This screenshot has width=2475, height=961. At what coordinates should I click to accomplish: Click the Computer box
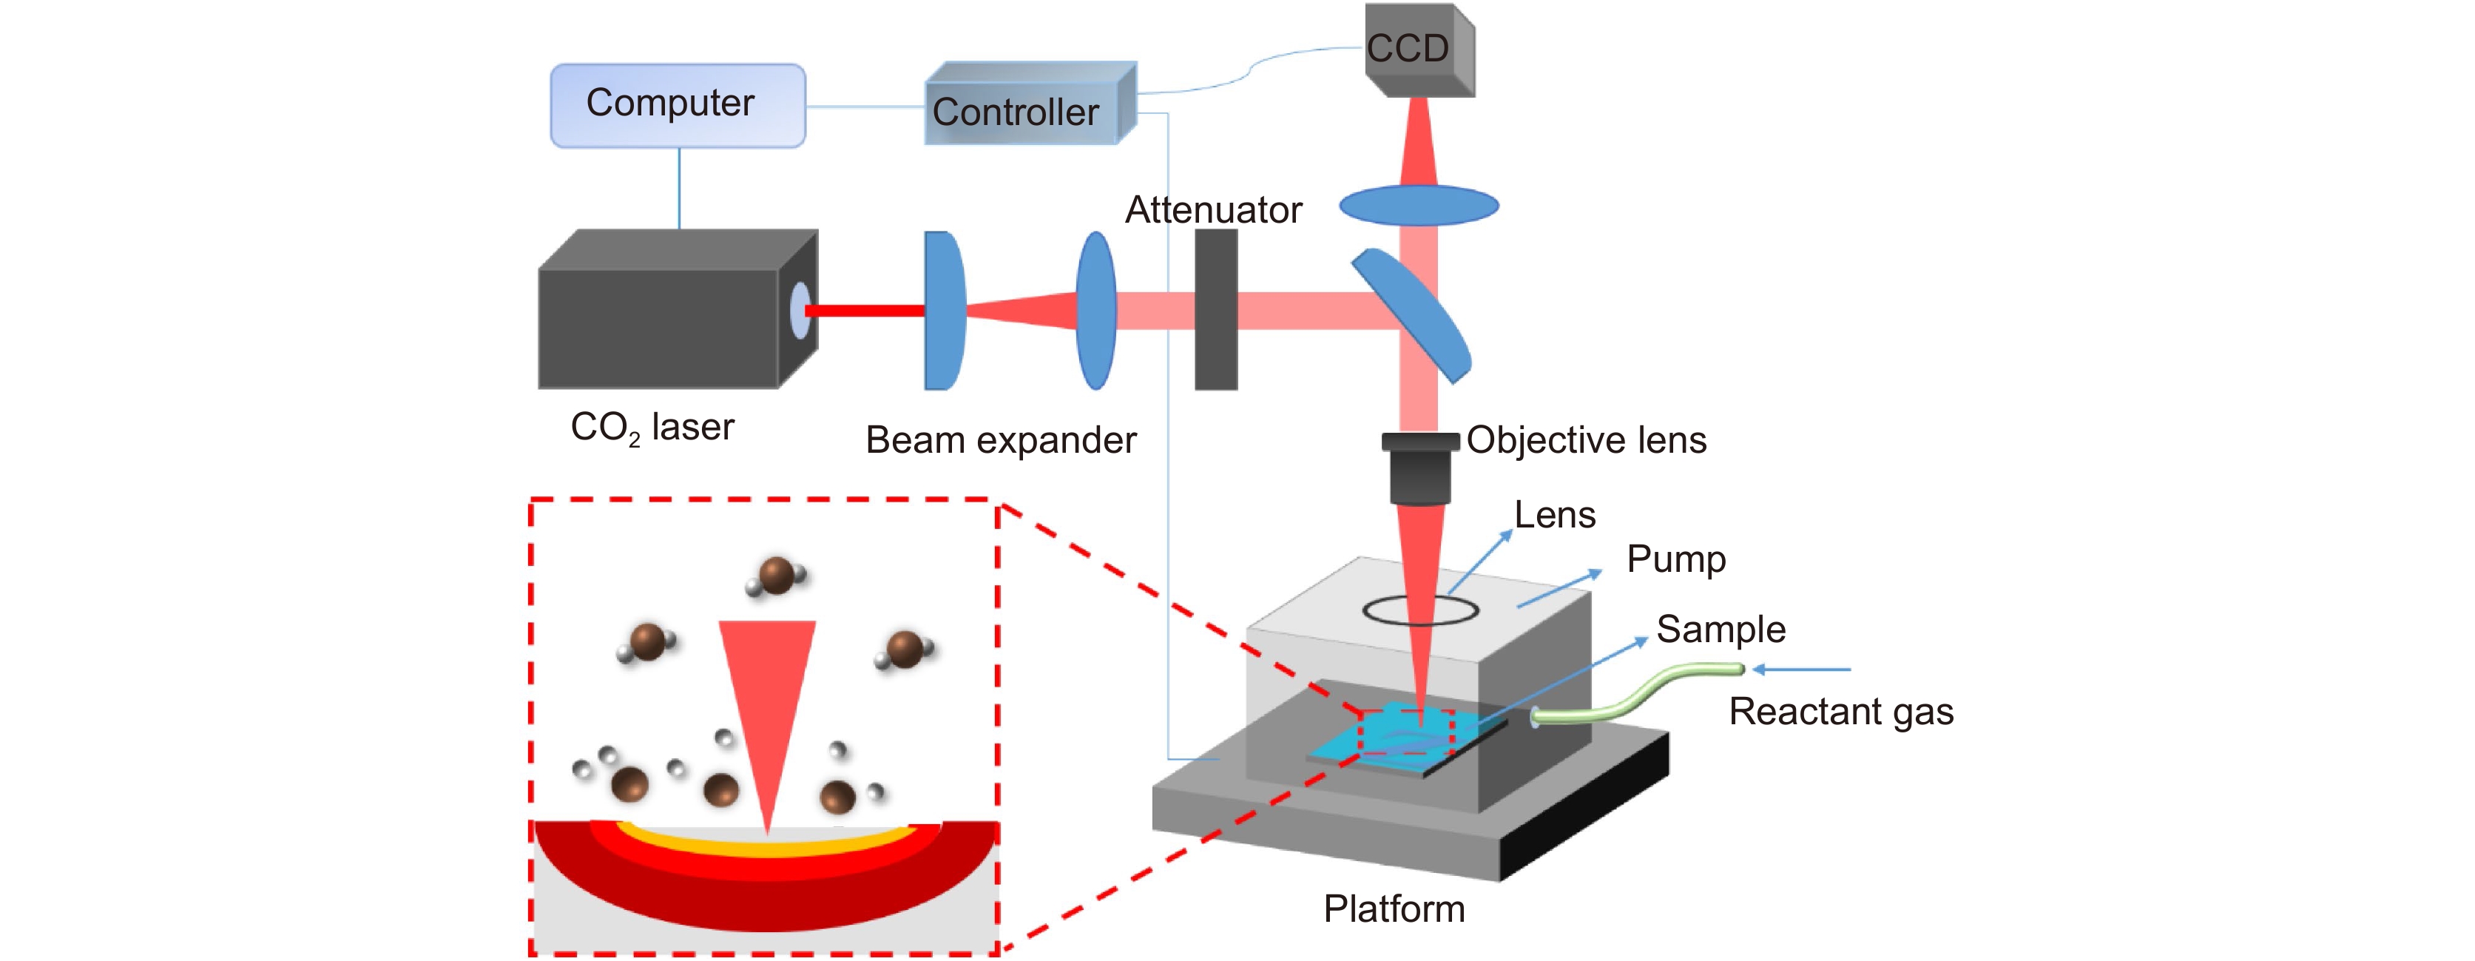click(678, 105)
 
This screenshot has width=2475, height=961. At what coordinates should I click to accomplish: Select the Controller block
click(1028, 107)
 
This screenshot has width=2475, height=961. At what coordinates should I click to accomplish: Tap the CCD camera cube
click(1417, 50)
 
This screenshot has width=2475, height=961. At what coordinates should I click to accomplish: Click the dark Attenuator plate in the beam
click(1215, 309)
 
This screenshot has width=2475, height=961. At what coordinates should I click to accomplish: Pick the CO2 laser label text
click(652, 428)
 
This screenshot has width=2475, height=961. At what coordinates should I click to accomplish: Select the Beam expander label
click(1000, 440)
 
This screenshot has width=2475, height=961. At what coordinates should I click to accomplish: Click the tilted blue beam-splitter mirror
click(1411, 314)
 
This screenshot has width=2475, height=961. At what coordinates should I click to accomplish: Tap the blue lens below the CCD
click(1418, 205)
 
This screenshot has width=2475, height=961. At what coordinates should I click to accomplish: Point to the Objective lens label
click(1587, 440)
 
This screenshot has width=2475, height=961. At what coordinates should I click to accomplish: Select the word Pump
click(1675, 559)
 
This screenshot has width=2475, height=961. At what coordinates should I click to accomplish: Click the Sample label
click(1721, 630)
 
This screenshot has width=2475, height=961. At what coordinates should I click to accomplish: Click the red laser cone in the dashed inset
click(767, 701)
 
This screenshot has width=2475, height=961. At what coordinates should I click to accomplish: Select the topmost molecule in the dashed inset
click(777, 576)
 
